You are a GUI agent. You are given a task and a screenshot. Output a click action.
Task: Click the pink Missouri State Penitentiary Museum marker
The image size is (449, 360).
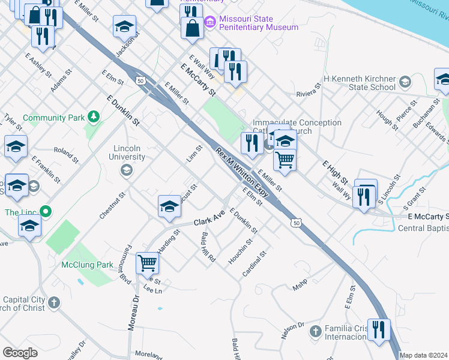click(209, 23)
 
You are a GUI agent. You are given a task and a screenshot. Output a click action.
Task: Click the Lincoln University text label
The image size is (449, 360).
click(129, 152)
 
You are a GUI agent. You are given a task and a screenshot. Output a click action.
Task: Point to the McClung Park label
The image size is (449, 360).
click(88, 265)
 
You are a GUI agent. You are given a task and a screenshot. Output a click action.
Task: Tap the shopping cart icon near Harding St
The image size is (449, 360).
click(147, 262)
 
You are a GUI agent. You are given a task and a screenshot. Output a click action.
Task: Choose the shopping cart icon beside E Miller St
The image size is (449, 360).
click(285, 160)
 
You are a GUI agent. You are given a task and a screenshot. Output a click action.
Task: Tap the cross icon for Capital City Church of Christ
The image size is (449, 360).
click(54, 302)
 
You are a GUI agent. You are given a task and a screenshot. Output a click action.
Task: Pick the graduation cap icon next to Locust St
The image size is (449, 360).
click(170, 206)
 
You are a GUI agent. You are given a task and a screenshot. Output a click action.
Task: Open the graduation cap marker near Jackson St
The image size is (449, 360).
click(124, 26)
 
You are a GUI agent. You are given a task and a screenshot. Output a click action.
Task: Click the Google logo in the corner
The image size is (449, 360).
click(20, 353)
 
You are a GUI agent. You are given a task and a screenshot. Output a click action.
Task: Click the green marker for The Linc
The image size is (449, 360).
click(44, 211)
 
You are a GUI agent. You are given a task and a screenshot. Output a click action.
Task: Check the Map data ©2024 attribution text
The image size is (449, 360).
click(424, 355)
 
